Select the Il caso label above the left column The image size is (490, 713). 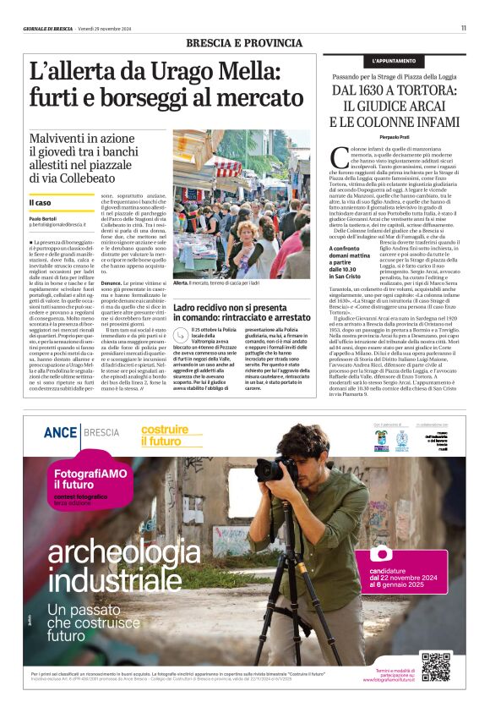click(40, 203)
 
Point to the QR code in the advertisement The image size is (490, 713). click(436, 667)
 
